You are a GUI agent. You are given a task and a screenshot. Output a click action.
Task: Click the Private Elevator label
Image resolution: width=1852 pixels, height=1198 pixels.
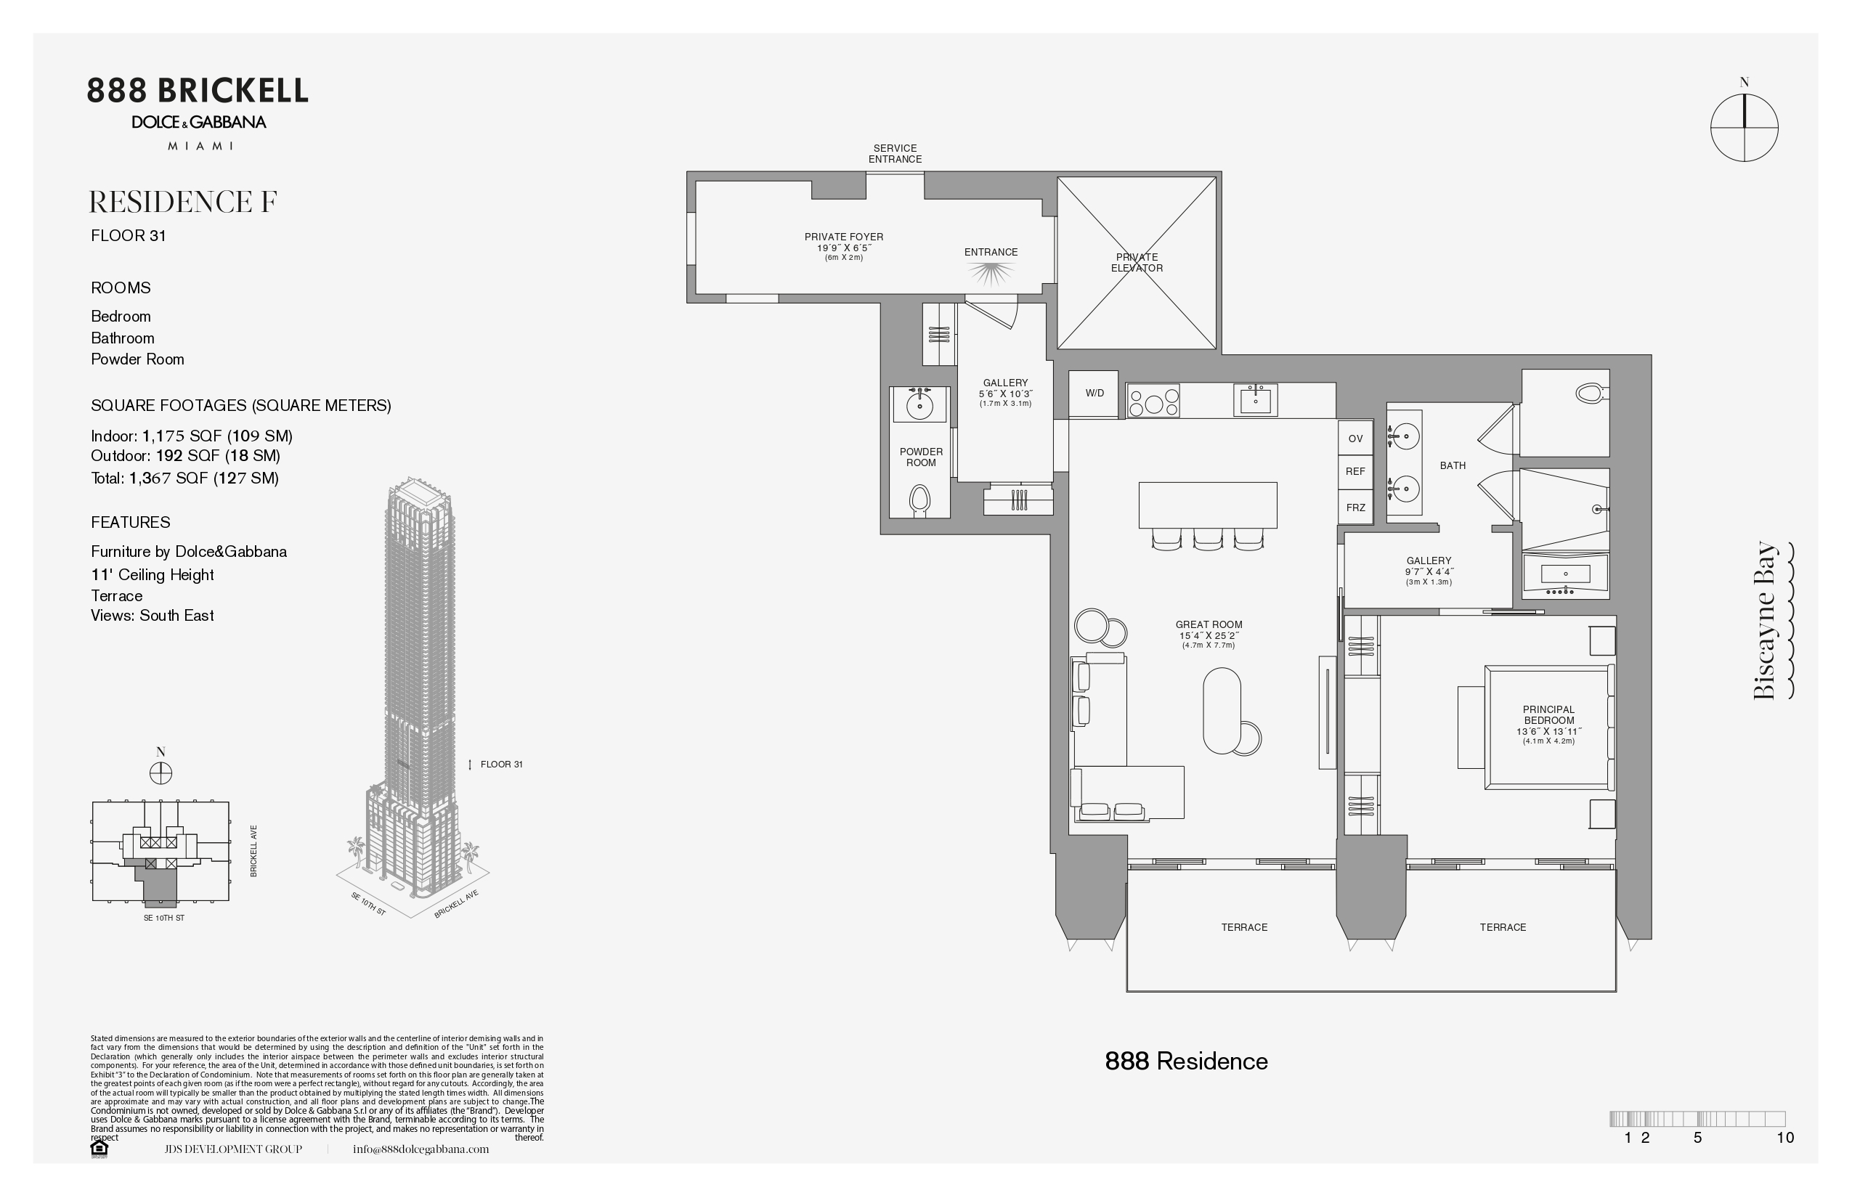(x=1137, y=262)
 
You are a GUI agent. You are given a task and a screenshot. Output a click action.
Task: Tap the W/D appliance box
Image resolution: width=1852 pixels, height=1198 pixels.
(x=1093, y=393)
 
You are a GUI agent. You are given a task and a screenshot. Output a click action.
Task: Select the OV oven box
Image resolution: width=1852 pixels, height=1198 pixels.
(x=1355, y=439)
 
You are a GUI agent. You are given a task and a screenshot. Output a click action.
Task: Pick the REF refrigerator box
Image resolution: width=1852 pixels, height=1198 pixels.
(x=1355, y=471)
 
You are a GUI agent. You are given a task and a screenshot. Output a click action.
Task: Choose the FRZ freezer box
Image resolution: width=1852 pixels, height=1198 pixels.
(x=1355, y=508)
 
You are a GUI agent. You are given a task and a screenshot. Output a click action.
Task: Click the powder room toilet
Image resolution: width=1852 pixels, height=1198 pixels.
(x=919, y=499)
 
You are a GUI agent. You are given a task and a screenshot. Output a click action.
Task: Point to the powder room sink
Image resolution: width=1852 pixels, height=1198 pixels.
(x=919, y=404)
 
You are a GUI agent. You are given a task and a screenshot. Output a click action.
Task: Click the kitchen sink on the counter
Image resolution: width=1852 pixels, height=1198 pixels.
(x=1255, y=400)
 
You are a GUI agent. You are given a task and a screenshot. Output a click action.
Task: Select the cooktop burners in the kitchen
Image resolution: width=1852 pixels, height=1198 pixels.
(x=1153, y=401)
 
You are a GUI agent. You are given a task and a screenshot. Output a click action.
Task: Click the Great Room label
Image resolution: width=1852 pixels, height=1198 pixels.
(x=1209, y=634)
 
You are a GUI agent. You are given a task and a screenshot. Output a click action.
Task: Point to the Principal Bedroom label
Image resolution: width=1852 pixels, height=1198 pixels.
(x=1548, y=725)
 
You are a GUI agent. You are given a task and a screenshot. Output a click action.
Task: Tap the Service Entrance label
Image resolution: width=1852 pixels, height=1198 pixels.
(x=895, y=153)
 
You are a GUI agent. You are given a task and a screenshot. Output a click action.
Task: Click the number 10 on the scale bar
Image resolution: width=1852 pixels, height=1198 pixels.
(x=1785, y=1137)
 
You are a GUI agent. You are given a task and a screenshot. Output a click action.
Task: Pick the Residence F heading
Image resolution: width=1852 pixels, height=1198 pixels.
(x=183, y=203)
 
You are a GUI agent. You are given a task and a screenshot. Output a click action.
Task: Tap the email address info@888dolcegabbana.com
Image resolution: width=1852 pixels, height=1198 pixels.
(x=421, y=1149)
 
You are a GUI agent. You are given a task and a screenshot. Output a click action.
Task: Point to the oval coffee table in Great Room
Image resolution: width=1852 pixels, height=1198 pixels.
(x=1222, y=710)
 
